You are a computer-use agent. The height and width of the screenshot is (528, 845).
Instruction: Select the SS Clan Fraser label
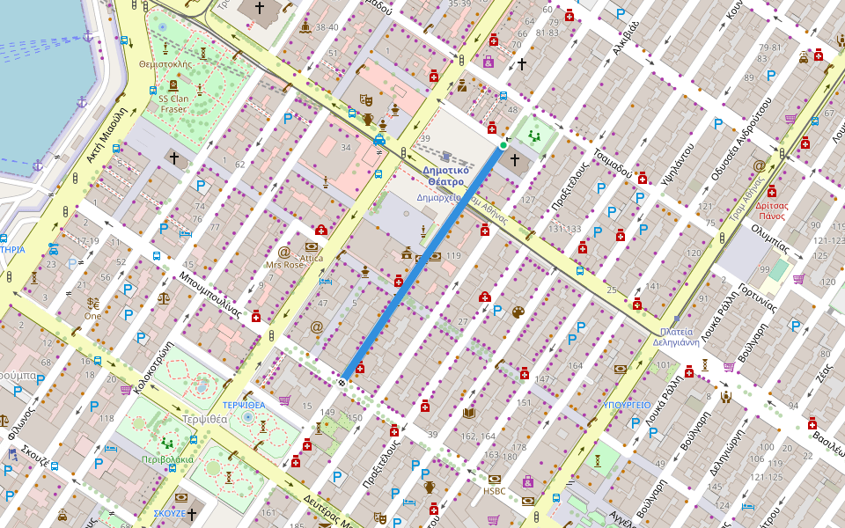click(173, 104)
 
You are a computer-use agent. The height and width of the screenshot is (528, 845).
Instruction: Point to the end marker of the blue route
click(342, 382)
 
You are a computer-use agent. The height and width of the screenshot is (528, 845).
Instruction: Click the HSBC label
click(494, 491)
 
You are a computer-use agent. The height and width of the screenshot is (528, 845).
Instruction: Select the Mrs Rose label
click(283, 264)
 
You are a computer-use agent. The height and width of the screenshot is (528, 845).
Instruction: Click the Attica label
click(312, 259)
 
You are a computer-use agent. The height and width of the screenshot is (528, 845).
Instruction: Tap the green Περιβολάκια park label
click(165, 458)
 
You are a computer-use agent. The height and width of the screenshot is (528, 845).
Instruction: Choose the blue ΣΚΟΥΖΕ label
click(169, 512)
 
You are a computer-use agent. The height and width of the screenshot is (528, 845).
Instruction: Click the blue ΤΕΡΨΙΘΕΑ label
click(244, 404)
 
